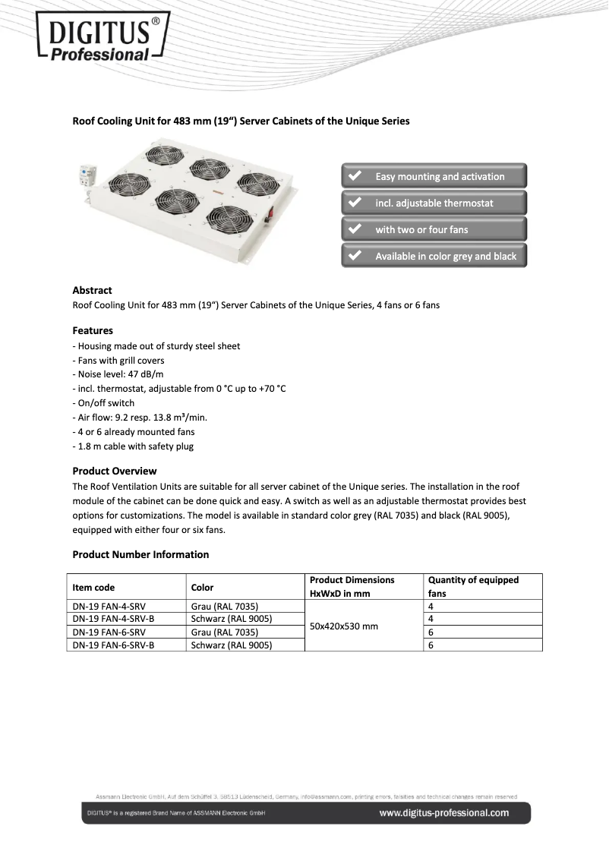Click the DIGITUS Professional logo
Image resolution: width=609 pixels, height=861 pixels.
[x=100, y=36]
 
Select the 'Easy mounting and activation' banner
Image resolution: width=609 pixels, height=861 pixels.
[x=434, y=177]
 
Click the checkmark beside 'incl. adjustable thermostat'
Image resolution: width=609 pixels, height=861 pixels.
[x=354, y=203]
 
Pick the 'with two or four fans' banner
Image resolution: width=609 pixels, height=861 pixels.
[x=434, y=229]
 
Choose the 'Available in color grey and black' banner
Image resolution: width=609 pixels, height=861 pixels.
[x=434, y=256]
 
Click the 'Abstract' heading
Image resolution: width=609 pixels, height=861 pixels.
[x=92, y=290]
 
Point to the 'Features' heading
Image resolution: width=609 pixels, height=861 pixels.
[x=93, y=330]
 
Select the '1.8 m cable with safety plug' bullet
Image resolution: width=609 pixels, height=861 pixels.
[x=133, y=446]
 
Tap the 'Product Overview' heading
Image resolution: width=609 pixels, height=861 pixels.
[x=115, y=471]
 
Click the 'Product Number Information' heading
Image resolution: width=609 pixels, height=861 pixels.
[x=140, y=554]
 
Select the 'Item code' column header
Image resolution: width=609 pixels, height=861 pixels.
[x=93, y=587]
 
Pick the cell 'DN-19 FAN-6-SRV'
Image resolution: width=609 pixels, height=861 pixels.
[x=109, y=632]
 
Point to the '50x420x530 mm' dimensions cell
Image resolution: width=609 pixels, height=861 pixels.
[x=344, y=626]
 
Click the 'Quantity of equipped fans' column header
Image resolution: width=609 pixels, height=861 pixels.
[x=473, y=586]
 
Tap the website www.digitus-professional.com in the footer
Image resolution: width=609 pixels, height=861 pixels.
[x=443, y=813]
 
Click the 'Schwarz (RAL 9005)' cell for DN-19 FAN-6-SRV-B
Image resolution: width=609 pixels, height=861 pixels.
[x=232, y=645]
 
